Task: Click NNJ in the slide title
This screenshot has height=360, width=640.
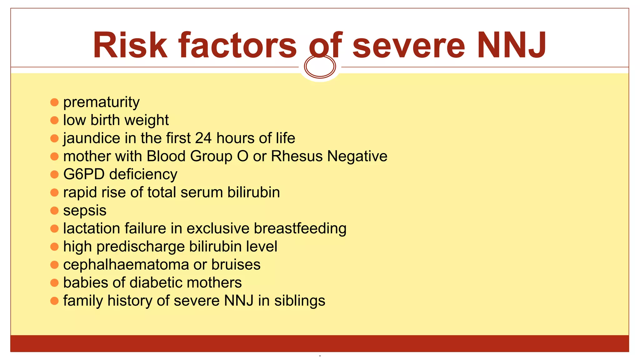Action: pyautogui.click(x=511, y=45)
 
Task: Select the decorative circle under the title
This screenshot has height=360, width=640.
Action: pyautogui.click(x=320, y=66)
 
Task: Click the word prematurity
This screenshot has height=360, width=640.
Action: pyautogui.click(x=101, y=102)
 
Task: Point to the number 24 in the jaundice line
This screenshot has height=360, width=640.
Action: pyautogui.click(x=203, y=138)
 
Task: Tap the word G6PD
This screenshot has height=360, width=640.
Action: pyautogui.click(x=84, y=174)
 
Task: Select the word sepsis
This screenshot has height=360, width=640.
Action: pyautogui.click(x=85, y=210)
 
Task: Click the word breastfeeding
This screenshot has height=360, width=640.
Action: pyautogui.click(x=300, y=228)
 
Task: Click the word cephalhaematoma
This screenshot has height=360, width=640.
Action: pyautogui.click(x=126, y=265)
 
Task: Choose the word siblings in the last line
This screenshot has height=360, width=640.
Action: pyautogui.click(x=300, y=301)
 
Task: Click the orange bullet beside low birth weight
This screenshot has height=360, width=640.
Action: pyautogui.click(x=54, y=120)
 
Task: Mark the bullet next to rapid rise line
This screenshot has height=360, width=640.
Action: pyautogui.click(x=54, y=192)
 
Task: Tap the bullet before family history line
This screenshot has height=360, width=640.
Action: pyautogui.click(x=54, y=301)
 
